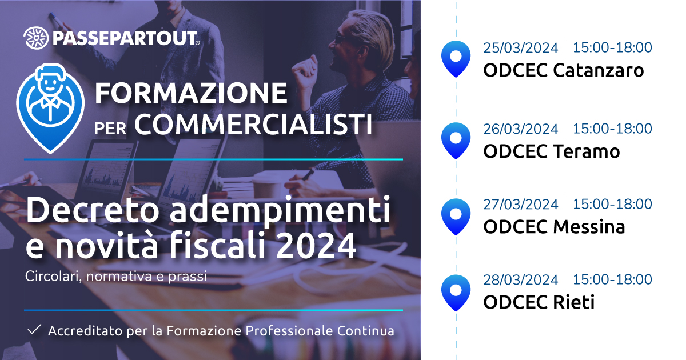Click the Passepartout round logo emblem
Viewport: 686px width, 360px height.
pos(36,38)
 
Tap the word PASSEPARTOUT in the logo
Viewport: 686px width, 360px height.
pos(126,38)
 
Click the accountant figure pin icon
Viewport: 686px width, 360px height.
pos(50,108)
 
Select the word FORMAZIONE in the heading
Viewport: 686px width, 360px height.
pos(191,93)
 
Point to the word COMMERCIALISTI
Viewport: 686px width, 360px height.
pos(253,124)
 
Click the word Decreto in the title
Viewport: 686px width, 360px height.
pos(93,210)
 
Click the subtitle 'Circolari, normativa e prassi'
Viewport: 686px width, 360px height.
pos(115,277)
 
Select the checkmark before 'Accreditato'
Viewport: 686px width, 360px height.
pos(34,330)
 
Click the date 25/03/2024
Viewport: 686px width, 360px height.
pos(521,48)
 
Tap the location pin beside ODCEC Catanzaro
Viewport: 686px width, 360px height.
pos(456,59)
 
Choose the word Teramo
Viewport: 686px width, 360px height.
pos(586,151)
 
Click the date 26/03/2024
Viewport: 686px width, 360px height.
pos(521,129)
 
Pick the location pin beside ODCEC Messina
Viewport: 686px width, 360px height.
pos(456,217)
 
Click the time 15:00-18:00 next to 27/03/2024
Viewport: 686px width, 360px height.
pos(612,204)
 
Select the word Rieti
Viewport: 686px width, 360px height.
pos(573,302)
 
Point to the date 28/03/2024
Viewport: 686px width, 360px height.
pos(521,280)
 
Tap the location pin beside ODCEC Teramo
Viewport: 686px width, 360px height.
pos(456,141)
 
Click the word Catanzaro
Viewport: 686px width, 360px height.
pos(598,70)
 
